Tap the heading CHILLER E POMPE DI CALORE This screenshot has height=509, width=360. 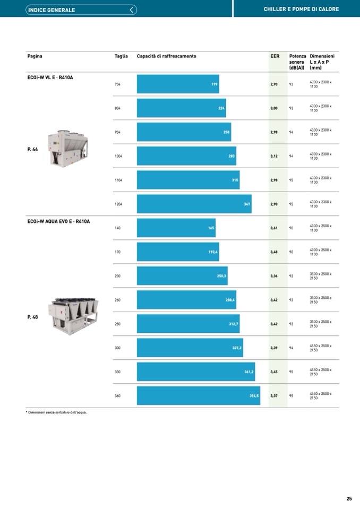click(x=301, y=10)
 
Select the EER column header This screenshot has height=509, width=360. click(x=275, y=56)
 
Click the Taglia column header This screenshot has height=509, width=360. click(x=121, y=56)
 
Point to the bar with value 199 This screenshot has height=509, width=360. click(x=178, y=84)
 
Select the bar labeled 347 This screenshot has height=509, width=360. click(x=194, y=204)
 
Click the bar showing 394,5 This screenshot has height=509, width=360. click(x=198, y=395)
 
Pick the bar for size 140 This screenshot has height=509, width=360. click(x=176, y=228)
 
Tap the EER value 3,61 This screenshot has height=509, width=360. click(x=274, y=228)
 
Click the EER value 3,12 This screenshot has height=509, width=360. click(x=274, y=156)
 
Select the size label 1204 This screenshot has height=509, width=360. click(x=118, y=204)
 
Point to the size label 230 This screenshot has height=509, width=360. click(x=117, y=276)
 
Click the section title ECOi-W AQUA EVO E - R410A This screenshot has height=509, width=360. click(x=58, y=221)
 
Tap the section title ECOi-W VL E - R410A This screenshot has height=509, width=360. click(x=50, y=77)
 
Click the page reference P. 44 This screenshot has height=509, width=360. click(x=32, y=149)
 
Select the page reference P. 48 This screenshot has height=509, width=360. click(x=32, y=317)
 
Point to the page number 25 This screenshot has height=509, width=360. click(x=349, y=498)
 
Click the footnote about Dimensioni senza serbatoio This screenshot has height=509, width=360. click(x=56, y=412)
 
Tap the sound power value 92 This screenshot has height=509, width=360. click(x=291, y=276)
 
